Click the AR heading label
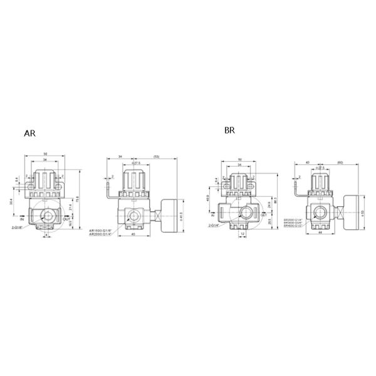(x=30, y=134)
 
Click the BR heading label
(x=230, y=132)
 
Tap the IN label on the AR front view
(x=22, y=220)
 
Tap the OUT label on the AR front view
(x=68, y=220)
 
